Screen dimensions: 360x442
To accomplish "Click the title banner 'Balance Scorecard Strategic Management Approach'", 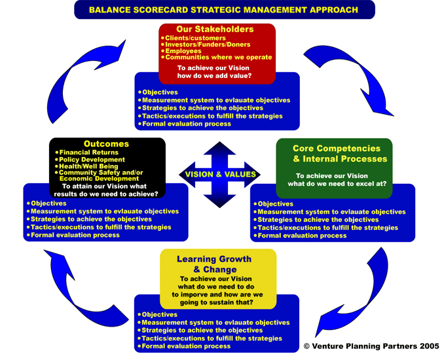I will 224,10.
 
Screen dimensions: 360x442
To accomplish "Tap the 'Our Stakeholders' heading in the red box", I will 215,29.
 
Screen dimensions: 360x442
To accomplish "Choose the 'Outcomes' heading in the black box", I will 106,144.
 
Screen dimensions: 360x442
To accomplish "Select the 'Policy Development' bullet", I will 92,160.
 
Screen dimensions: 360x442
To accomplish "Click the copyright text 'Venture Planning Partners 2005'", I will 371,346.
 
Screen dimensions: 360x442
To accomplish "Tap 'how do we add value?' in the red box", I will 215,77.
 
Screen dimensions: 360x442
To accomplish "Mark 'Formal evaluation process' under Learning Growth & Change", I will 186,346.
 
